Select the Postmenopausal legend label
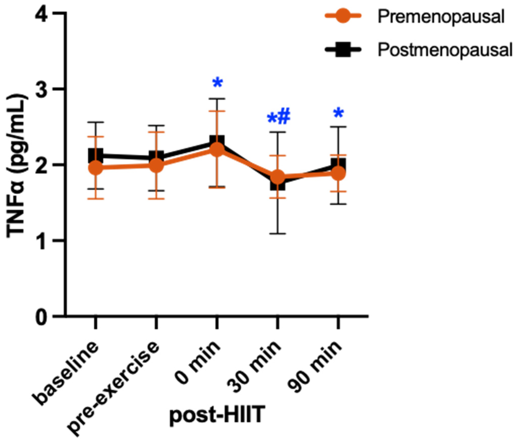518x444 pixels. (x=445, y=50)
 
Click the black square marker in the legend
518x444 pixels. (x=343, y=50)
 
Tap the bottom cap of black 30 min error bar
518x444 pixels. (x=277, y=233)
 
